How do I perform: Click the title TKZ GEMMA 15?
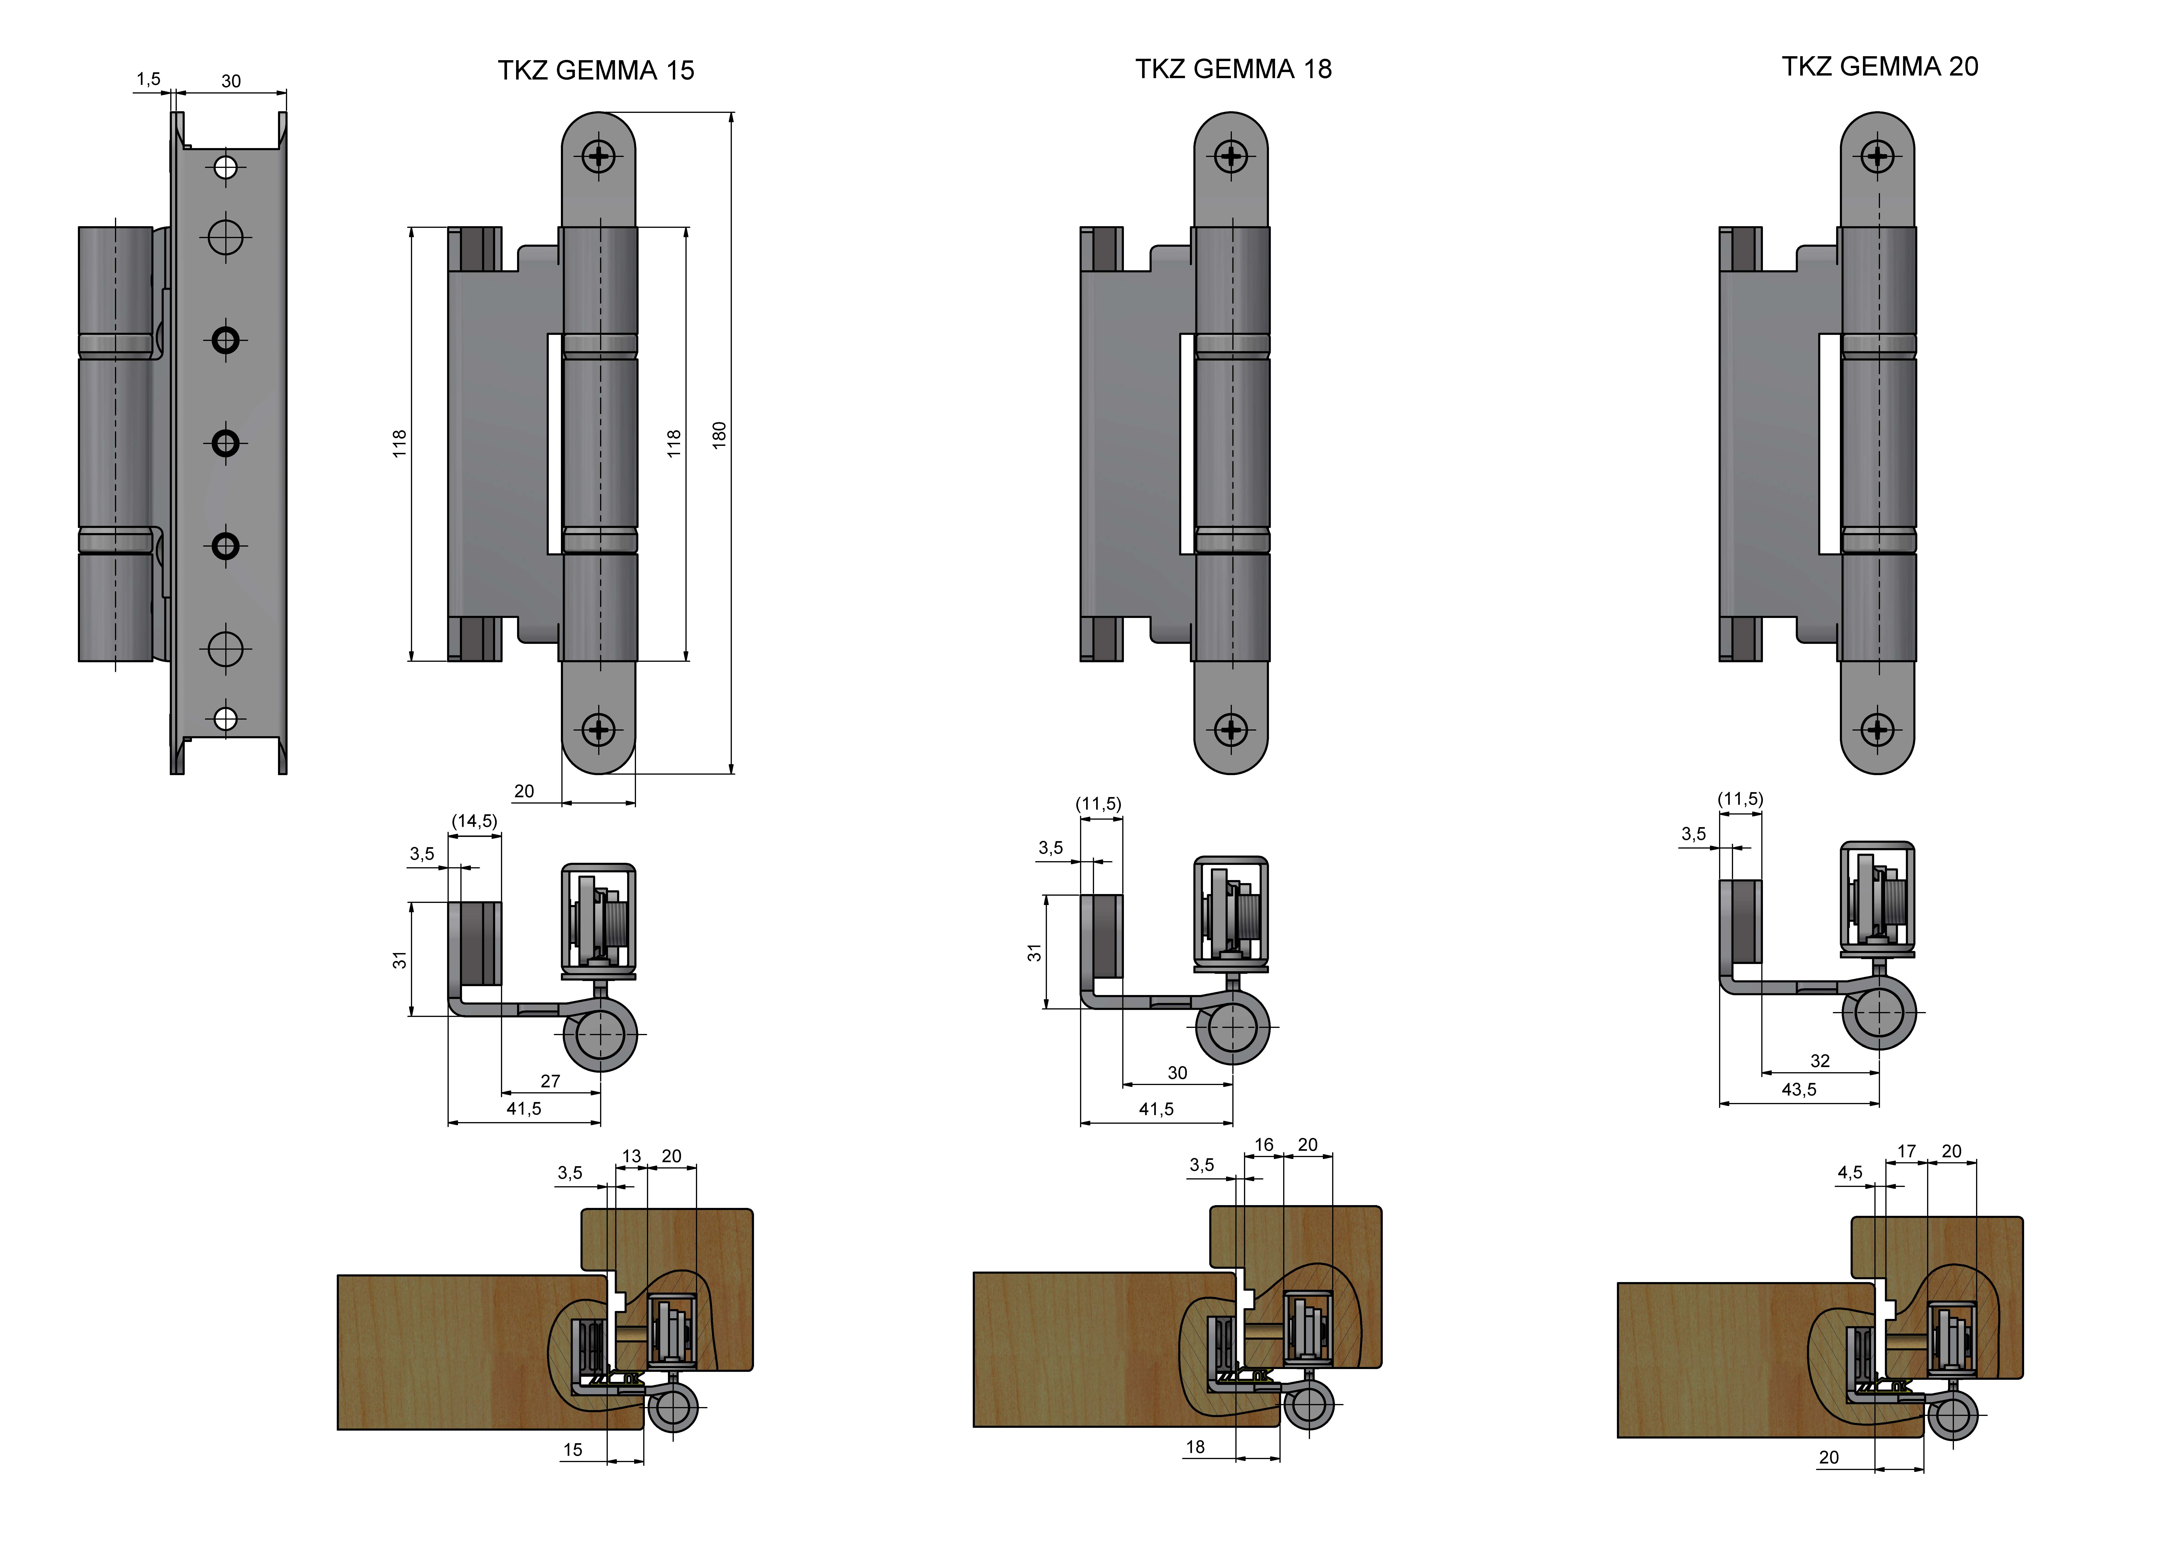pyautogui.click(x=596, y=70)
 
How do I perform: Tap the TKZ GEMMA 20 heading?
pyautogui.click(x=1880, y=66)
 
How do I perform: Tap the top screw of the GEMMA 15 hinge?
pyautogui.click(x=599, y=155)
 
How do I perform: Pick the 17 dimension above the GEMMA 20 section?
pyautogui.click(x=1906, y=1151)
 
